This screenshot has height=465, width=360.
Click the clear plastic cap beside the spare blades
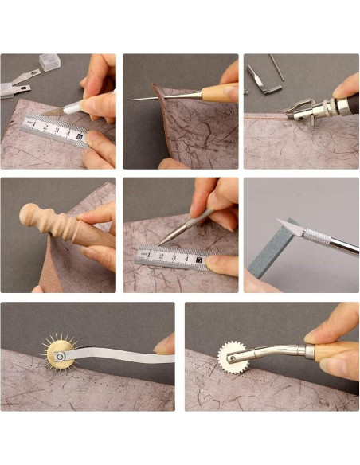[x=49, y=62]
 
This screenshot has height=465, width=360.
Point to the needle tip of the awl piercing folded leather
[x=134, y=99]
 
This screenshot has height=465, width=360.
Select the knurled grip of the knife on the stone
[x=315, y=236]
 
